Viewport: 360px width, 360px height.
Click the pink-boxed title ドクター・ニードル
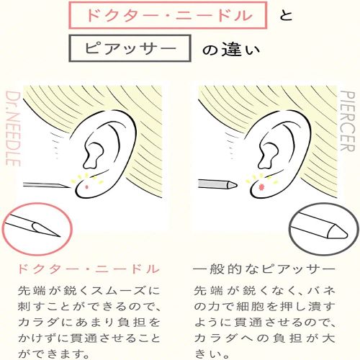[168, 16]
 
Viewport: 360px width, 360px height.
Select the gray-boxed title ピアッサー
[130, 49]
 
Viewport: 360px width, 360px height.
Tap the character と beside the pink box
[286, 15]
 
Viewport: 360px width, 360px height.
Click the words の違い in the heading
[231, 50]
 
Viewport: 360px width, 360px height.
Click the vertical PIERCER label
[348, 121]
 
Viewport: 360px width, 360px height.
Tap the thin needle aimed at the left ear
[45, 185]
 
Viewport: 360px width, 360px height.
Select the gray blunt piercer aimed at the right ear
[217, 184]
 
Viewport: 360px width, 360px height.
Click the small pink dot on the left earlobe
[87, 186]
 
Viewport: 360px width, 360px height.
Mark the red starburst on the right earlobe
[261, 186]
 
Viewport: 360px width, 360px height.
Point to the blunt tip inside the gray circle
[346, 234]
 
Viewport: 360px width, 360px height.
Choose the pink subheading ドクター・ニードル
[89, 269]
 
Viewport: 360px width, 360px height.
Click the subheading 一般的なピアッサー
[264, 269]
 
